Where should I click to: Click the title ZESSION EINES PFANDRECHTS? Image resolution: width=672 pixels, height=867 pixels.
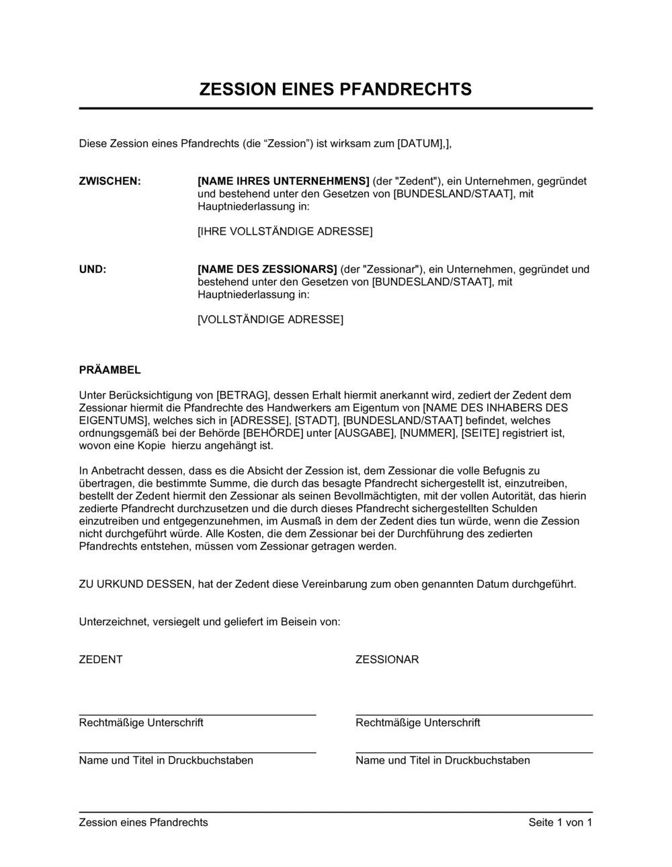[335, 89]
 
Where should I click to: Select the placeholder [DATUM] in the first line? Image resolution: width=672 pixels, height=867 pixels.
[420, 143]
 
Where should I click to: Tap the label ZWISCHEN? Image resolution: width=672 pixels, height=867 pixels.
[110, 181]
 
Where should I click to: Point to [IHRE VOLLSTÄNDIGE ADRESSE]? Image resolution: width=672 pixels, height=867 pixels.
[285, 231]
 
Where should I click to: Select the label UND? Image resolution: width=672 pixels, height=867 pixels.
[93, 269]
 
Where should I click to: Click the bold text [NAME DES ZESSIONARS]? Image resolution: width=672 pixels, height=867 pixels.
[267, 269]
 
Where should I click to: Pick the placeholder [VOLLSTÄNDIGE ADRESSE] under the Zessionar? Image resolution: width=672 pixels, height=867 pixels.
[270, 319]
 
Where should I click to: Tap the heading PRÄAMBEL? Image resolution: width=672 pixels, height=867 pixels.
[110, 370]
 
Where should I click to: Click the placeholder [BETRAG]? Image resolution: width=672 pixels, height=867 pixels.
[243, 395]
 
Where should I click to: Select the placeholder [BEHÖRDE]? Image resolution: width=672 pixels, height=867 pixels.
[271, 433]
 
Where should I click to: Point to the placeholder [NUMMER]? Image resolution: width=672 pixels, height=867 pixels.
[427, 433]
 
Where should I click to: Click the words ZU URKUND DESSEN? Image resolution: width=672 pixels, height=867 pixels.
[135, 584]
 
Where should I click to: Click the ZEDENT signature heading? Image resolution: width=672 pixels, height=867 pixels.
[101, 659]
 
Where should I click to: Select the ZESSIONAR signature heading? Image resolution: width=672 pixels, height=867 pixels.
[387, 659]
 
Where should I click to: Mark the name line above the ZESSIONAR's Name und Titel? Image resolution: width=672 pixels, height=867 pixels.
[474, 753]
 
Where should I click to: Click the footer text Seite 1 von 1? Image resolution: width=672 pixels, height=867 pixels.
[560, 822]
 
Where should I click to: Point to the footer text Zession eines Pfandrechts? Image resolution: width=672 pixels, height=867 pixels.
[144, 822]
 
